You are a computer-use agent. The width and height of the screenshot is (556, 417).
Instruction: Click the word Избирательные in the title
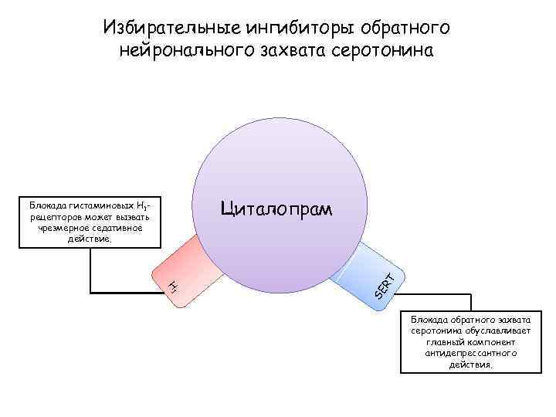coord(171,29)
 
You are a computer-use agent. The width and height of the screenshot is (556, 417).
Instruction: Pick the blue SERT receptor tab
coord(363,270)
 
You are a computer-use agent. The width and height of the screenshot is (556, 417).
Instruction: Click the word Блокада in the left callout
coord(47,206)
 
